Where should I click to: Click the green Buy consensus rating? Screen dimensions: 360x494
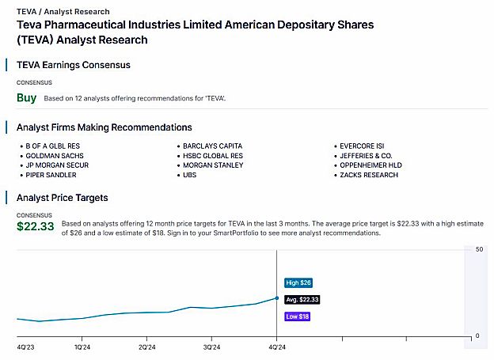click(x=26, y=98)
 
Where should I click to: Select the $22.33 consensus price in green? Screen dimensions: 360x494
click(x=36, y=226)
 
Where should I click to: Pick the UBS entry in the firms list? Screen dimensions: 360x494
click(x=190, y=175)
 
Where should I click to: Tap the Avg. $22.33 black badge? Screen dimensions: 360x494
click(x=302, y=299)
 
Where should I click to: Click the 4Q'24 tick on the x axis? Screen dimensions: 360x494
click(x=275, y=347)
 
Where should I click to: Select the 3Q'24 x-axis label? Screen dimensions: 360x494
click(x=211, y=347)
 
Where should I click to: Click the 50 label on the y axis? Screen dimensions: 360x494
click(x=479, y=250)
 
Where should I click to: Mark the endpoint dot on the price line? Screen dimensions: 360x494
click(x=276, y=298)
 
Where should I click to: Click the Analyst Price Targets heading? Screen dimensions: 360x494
click(x=62, y=197)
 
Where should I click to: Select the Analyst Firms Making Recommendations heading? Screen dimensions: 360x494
click(x=104, y=127)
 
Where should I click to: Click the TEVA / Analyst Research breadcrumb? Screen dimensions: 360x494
click(x=63, y=12)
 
